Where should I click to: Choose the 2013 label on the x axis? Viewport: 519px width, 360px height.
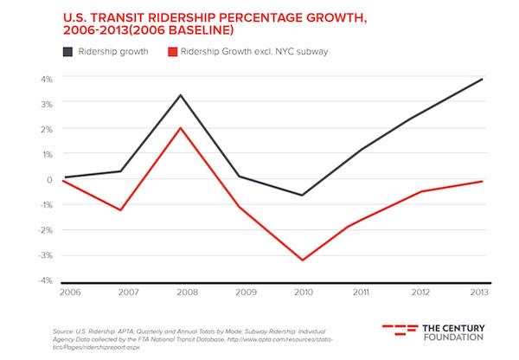coord(480,293)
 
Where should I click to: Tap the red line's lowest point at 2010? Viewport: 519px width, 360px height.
coord(302,260)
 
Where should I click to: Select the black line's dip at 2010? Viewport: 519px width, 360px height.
coord(302,196)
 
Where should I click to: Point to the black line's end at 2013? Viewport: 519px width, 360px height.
coord(482,79)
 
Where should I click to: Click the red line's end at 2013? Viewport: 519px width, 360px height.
coord(482,181)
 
